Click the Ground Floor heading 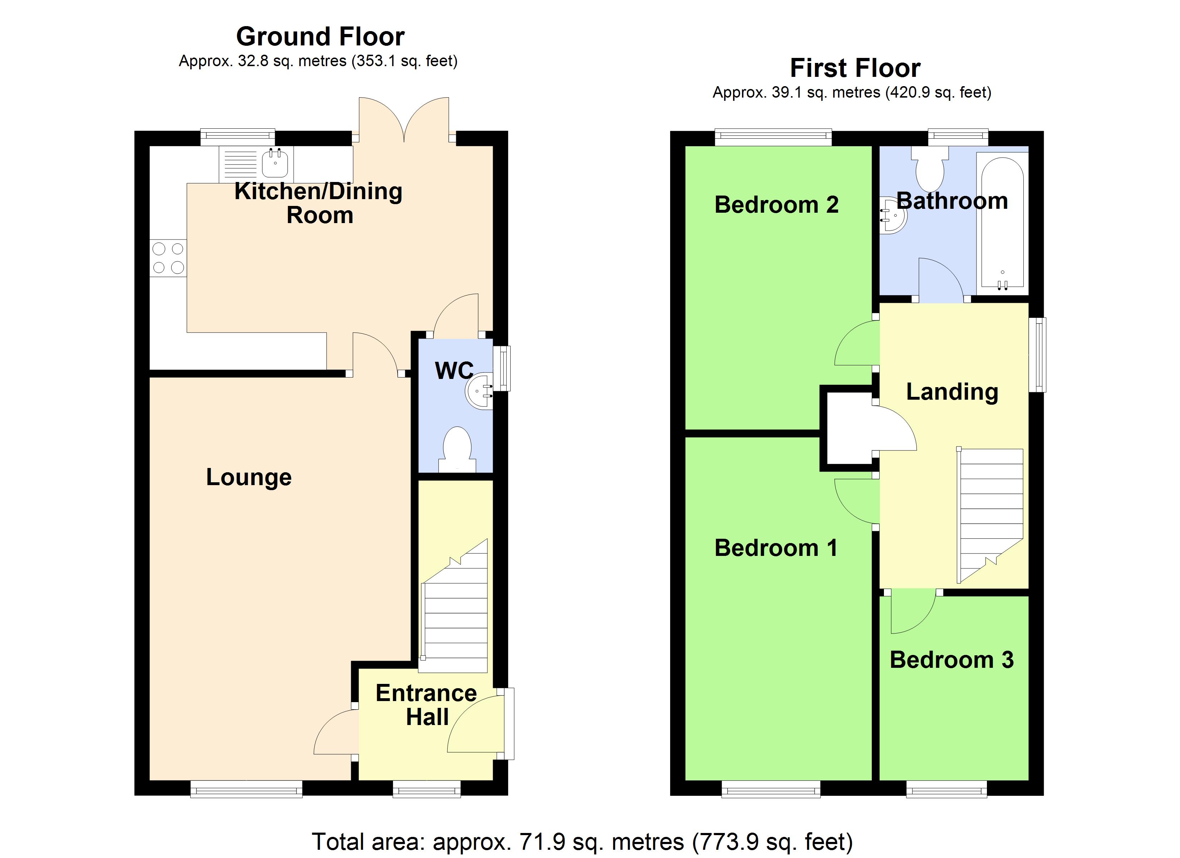(x=320, y=37)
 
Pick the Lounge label (x=249, y=477)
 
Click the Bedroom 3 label (x=952, y=660)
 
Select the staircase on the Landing (x=990, y=515)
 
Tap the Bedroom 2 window (x=773, y=137)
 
